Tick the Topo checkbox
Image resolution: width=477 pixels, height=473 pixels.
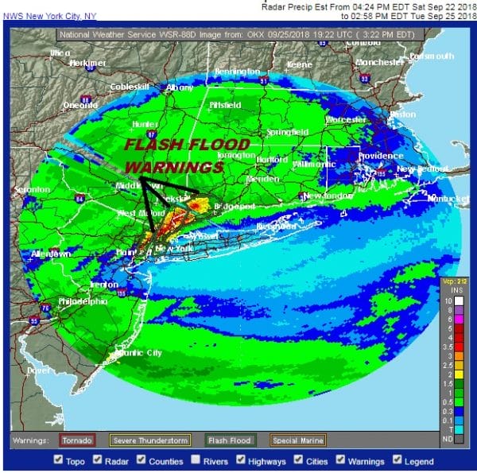[59, 459]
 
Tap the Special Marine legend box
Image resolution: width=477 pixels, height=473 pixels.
[297, 440]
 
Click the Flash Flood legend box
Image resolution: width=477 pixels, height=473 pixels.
[229, 440]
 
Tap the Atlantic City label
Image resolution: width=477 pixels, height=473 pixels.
[138, 352]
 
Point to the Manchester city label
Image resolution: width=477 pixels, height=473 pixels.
[380, 62]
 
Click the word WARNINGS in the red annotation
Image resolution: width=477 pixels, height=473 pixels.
[174, 168]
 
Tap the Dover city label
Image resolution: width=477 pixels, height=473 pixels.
[34, 370]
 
